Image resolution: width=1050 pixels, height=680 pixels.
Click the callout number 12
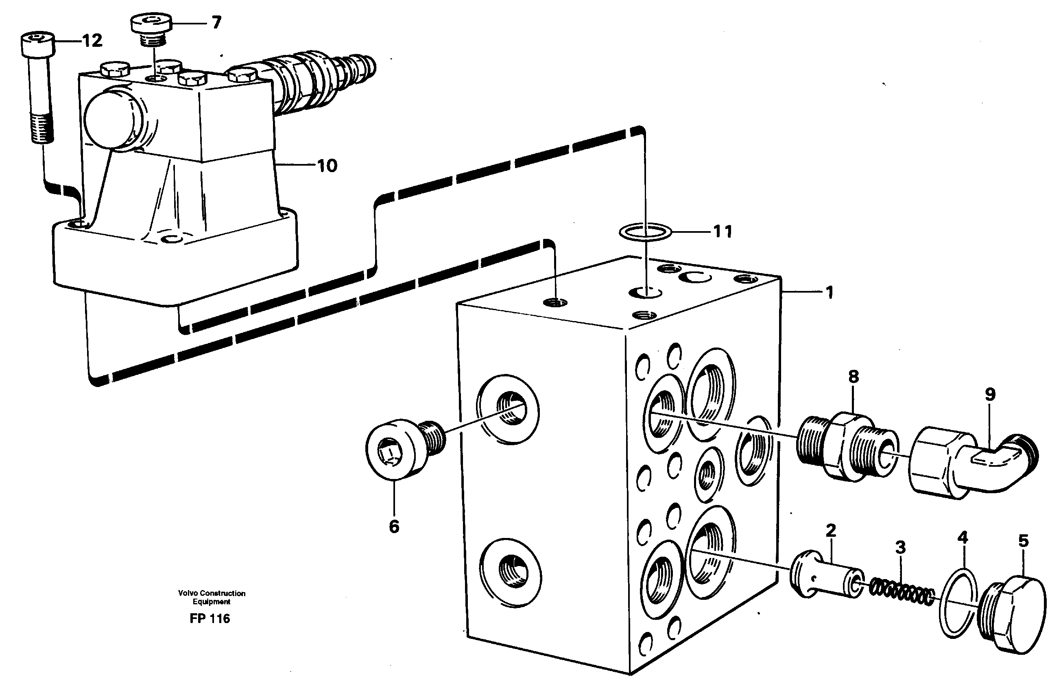coord(92,41)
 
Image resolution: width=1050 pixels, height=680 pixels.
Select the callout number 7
coord(216,22)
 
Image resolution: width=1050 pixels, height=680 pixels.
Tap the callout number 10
coord(327,166)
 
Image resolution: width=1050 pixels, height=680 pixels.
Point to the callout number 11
coord(722,231)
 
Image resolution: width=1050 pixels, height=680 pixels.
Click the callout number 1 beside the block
coord(829,293)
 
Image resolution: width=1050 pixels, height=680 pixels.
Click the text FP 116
coord(210,619)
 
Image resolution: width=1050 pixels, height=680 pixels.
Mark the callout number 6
coord(393,527)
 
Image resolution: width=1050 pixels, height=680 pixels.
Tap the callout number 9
coord(990,394)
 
